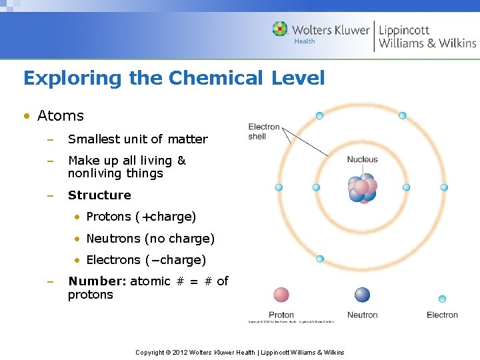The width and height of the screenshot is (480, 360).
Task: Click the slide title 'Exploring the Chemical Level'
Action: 174,79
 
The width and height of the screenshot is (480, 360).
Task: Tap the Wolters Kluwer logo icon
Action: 280,29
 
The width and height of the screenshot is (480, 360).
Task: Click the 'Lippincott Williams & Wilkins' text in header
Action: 427,36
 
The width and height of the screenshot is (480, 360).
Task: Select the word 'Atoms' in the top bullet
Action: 61,116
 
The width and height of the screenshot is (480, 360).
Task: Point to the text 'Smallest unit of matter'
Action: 137,139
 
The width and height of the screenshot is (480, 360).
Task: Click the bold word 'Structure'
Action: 99,195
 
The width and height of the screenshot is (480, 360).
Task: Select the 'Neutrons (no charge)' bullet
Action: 150,238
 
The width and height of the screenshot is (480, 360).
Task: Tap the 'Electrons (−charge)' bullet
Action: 146,259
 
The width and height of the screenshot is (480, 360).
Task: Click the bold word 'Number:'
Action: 97,281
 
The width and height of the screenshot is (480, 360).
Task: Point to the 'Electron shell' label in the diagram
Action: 264,131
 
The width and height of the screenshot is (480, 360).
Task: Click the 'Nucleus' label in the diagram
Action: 362,159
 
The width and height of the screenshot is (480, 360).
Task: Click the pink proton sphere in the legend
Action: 281,295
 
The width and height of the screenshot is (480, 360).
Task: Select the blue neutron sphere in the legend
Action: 362,295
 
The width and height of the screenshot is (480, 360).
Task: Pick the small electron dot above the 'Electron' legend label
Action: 442,299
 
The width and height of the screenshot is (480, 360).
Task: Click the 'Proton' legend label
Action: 281,315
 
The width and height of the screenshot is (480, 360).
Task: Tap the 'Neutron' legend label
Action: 362,315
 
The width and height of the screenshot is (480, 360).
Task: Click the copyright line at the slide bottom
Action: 239,352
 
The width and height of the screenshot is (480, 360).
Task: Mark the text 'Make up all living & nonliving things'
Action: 127,167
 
